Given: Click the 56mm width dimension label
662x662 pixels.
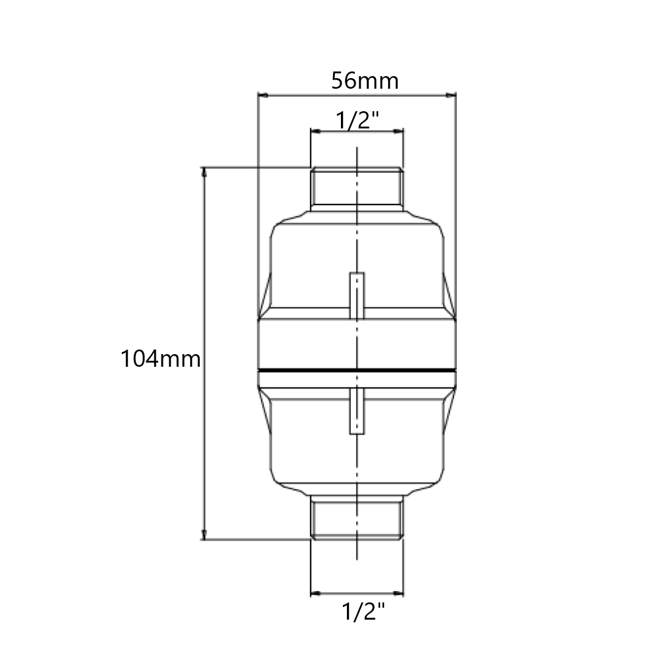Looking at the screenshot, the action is [365, 80].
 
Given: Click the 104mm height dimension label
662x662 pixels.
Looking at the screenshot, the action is [160, 359].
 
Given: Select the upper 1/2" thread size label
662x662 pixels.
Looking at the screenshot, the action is [357, 120].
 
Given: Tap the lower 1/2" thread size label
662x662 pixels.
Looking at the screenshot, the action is [363, 611].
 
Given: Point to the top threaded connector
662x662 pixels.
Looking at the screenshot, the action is [357, 187].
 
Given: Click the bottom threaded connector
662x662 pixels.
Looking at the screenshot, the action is [357, 518].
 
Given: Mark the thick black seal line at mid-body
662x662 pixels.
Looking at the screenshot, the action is [357, 371].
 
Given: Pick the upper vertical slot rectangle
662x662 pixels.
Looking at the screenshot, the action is [357, 295].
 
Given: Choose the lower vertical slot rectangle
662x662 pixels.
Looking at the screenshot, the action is [357, 411].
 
